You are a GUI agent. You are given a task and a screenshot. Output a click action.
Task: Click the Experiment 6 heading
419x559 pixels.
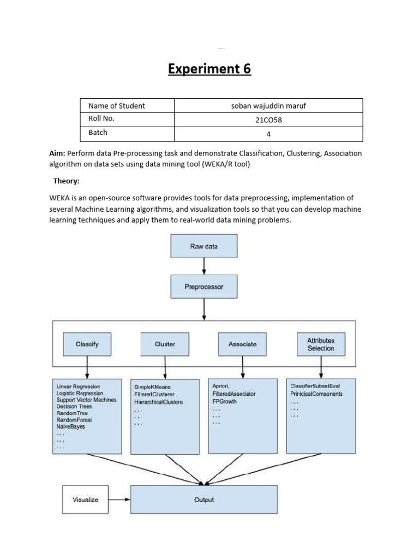209,69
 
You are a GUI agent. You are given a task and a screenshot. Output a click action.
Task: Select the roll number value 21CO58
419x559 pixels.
268,120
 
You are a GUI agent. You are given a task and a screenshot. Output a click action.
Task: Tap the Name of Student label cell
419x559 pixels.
116,106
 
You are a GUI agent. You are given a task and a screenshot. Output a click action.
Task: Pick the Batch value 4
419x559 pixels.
268,134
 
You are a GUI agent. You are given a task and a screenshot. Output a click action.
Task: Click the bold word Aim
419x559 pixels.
57,153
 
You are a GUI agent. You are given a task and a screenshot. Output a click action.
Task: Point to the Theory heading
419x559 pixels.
66,181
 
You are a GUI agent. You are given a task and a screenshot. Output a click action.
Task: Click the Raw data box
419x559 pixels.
204,246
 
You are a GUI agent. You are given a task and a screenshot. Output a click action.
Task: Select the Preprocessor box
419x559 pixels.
204,287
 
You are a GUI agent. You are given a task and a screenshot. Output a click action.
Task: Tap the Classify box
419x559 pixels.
87,344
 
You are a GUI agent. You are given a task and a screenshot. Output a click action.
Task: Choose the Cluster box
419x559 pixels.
165,344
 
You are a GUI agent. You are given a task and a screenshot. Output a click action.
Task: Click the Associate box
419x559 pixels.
242,344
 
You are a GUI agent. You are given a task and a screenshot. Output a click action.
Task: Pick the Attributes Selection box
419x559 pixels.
321,344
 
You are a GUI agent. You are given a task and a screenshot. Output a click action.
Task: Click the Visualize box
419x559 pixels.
86,499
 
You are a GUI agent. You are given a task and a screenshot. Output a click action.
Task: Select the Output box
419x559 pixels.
204,499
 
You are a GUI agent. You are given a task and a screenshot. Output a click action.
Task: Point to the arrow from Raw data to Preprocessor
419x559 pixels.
204,266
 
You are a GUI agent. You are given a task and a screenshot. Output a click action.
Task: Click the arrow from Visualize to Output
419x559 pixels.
119,499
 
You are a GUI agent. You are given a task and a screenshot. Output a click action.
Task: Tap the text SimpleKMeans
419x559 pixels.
152,387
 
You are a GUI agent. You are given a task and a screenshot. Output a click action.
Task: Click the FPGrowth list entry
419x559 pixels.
224,401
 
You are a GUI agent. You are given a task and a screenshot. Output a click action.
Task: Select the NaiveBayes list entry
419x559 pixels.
71,426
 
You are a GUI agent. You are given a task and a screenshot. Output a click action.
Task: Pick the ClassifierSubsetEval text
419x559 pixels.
315,386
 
